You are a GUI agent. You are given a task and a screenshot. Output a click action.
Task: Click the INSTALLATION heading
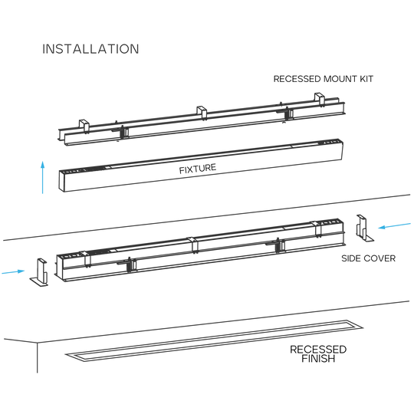coord(90,49)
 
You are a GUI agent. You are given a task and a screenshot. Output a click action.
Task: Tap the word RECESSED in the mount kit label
coord(297,79)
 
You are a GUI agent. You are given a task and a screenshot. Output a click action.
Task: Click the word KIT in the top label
coord(366,79)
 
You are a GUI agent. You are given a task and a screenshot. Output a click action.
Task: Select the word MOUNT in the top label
coord(340,79)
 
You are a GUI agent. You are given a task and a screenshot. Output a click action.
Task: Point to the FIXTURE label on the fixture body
coord(198,169)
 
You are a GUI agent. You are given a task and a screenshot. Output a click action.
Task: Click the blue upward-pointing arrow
coord(42,177)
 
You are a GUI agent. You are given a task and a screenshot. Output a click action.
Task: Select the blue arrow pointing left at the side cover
coord(395,225)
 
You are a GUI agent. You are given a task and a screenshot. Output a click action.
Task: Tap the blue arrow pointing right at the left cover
coord(13,271)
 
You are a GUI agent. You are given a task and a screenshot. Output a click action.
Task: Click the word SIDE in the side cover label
coord(352,258)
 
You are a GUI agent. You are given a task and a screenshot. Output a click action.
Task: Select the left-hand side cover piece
coord(40,272)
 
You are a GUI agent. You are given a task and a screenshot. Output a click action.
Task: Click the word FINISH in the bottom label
coord(318,359)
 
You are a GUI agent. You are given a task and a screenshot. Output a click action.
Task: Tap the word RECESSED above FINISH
coord(318,350)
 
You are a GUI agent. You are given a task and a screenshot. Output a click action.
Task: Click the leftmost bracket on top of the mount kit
coord(84,127)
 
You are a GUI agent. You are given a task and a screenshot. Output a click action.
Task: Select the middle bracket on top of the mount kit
coord(202,113)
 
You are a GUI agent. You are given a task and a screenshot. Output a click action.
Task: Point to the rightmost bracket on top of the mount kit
coord(320,100)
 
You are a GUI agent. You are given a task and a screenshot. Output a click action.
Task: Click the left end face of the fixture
coord(62,181)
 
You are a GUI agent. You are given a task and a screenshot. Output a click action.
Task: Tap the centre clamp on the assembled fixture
coord(194,245)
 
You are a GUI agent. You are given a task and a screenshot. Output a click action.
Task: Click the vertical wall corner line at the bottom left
coord(38,358)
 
